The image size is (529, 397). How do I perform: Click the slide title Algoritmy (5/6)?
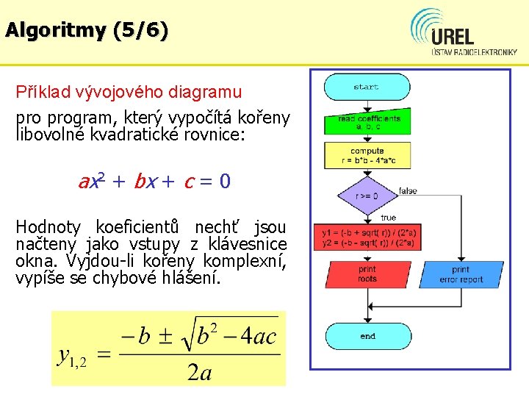tap(86, 30)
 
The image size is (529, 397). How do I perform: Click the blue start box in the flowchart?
tap(366, 87)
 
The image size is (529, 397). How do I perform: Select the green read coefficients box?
tap(368, 123)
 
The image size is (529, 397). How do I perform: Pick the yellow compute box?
tap(367, 155)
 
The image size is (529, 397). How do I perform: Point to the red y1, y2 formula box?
tap(367, 238)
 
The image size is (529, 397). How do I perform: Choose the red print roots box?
tap(367, 274)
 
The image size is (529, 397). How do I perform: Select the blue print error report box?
tap(461, 274)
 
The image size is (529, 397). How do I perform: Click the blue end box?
tap(367, 336)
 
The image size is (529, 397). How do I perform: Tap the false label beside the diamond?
tap(408, 191)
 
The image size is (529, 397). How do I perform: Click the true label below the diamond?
tap(388, 218)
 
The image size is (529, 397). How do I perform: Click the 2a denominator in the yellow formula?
tap(199, 373)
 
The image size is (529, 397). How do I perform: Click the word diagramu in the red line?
tap(205, 92)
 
